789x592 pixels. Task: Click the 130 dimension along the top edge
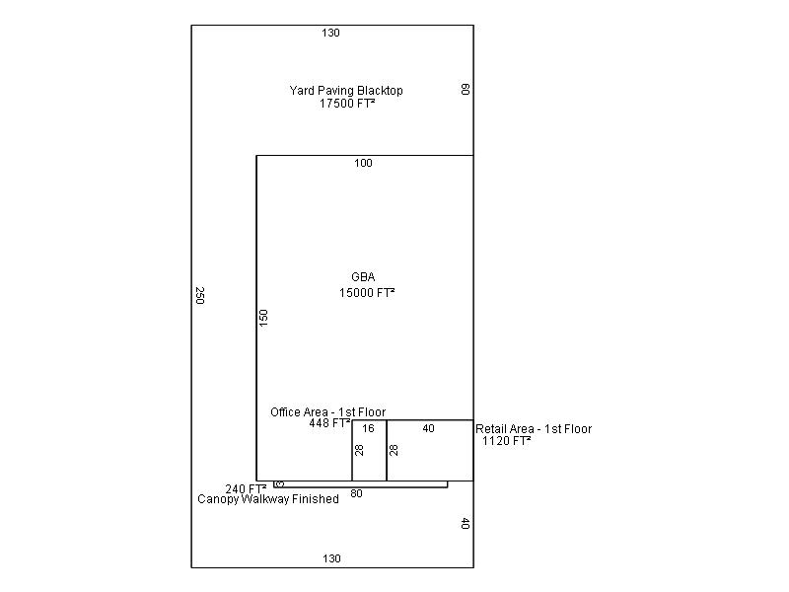[330, 33]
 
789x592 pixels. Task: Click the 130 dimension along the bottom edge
[331, 558]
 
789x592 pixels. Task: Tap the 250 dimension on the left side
[200, 295]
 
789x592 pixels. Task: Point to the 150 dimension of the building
[263, 318]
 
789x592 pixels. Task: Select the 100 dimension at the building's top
[363, 163]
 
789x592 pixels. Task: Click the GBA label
[363, 277]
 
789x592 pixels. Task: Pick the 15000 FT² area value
[367, 292]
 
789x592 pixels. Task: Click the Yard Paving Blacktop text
[346, 91]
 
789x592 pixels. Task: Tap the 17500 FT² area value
[347, 104]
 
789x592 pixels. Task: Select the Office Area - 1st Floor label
[328, 412]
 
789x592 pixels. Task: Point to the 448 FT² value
[329, 423]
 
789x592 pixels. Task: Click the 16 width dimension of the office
[368, 428]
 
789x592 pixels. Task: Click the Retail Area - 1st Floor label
[534, 429]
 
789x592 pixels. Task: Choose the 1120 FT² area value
[507, 441]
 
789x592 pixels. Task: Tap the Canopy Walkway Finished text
[268, 499]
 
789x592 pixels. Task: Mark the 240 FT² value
[246, 488]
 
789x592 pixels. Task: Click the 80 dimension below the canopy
[356, 494]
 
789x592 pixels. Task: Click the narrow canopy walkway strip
[361, 484]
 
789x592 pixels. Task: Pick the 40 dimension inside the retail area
[428, 428]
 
